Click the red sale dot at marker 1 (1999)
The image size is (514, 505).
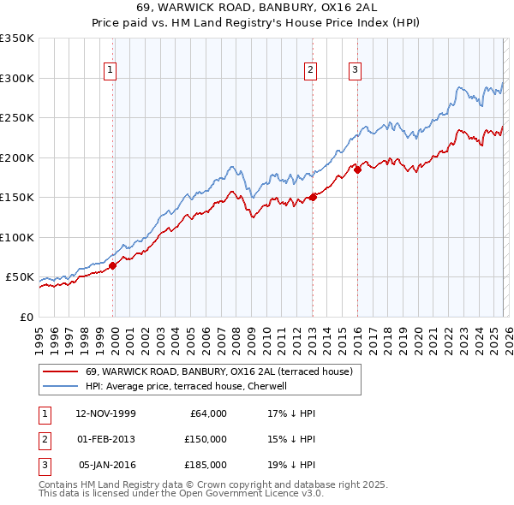112,265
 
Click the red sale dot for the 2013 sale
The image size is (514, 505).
313,197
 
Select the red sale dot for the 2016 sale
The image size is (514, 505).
357,169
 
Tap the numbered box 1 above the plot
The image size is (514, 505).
111,71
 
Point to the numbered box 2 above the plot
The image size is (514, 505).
310,71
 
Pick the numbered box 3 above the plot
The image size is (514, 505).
355,71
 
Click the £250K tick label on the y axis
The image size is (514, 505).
17,118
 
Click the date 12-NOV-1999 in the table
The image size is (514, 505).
106,413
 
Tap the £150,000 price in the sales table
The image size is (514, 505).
205,439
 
